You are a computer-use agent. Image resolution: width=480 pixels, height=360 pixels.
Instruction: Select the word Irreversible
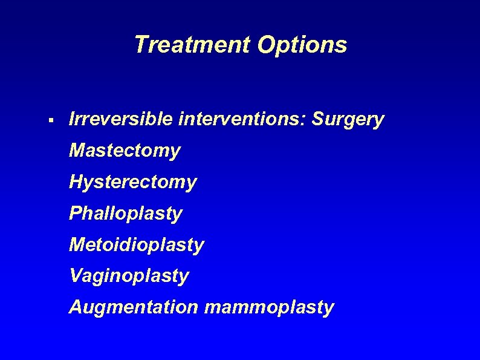tap(121, 119)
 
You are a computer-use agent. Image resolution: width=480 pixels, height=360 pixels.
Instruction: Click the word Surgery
tap(348, 120)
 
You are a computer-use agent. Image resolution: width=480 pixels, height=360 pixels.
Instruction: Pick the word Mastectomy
tap(125, 151)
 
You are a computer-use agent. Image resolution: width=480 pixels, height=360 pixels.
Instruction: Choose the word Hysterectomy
tap(132, 182)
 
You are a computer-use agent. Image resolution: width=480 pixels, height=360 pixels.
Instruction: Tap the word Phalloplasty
tap(125, 214)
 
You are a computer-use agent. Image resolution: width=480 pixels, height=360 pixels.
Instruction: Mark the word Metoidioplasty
tap(137, 245)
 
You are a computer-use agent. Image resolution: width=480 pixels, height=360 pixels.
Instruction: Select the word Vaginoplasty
tap(129, 277)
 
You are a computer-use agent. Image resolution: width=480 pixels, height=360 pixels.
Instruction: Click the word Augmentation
tap(133, 307)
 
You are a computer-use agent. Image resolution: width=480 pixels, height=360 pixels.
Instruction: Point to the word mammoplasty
tap(269, 308)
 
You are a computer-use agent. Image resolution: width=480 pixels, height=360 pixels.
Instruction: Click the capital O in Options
tap(267, 45)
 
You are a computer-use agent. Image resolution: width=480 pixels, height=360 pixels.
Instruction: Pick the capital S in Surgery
tap(319, 119)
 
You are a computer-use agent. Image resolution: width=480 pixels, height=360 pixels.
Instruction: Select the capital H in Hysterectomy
tap(76, 182)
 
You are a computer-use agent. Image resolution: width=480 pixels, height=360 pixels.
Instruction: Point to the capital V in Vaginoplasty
tap(76, 276)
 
